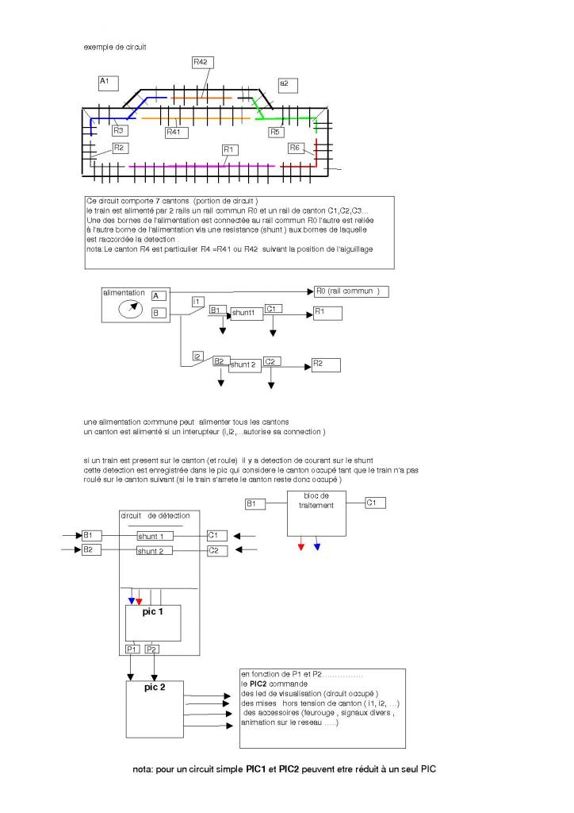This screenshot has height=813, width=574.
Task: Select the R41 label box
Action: [x=177, y=132]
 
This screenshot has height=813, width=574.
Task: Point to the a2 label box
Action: [x=287, y=84]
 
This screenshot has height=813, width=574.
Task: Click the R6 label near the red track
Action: [x=296, y=148]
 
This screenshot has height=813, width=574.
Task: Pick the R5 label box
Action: [x=276, y=132]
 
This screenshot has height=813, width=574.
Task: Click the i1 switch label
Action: [x=197, y=302]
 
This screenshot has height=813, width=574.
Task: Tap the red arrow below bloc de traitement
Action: [x=301, y=546]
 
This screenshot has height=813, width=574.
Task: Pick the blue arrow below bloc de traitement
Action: [x=316, y=546]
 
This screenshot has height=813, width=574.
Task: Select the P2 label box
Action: [x=152, y=649]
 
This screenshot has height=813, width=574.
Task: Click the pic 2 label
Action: [x=155, y=687]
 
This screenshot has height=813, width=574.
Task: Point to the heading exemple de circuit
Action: [x=115, y=47]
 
